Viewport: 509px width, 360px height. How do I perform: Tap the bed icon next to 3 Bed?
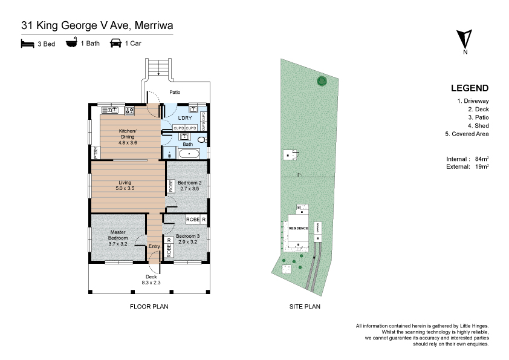click(27, 43)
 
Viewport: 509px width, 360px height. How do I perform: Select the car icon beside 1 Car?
click(115, 43)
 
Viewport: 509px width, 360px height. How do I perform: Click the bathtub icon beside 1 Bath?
click(71, 43)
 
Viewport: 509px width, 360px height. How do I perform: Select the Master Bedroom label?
click(118, 235)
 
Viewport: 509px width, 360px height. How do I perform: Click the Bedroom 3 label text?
click(187, 236)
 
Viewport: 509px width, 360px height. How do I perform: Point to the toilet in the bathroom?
click(203, 140)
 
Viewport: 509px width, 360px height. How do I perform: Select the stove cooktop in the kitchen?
click(129, 111)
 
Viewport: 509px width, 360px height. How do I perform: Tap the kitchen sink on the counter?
click(111, 110)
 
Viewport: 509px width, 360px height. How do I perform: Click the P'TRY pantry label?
click(96, 152)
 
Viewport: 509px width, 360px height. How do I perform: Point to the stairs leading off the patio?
click(158, 67)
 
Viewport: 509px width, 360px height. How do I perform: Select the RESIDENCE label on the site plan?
click(298, 228)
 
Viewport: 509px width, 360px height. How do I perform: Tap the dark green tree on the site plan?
click(322, 80)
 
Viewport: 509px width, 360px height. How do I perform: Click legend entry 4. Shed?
click(478, 126)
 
